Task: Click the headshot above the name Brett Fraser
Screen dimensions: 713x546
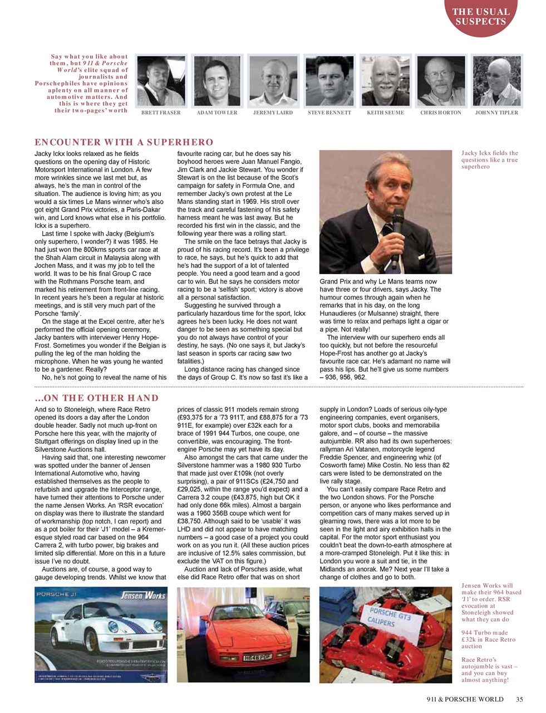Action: (x=161, y=80)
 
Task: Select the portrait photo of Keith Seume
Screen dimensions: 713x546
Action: (x=385, y=80)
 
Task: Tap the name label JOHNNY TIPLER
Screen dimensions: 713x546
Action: (x=496, y=113)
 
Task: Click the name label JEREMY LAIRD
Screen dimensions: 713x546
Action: (x=273, y=113)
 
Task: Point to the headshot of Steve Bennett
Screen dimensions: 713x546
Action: (x=329, y=80)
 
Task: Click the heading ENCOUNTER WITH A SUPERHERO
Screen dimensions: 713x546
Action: (x=124, y=142)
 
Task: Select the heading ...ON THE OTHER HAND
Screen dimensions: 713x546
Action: (x=96, y=398)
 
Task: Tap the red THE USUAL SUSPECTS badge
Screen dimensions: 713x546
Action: (x=481, y=17)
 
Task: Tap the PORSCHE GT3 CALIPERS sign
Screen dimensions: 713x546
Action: (x=390, y=618)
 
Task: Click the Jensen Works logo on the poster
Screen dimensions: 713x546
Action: (x=144, y=596)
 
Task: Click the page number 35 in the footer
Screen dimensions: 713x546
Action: (x=519, y=700)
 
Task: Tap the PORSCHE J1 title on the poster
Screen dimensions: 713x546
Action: (x=54, y=595)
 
